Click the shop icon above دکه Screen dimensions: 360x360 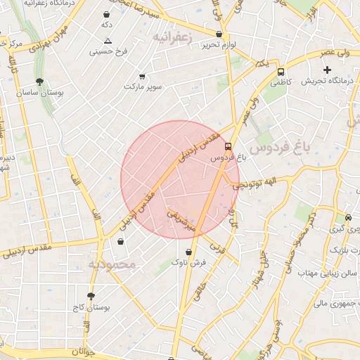tap(107, 14)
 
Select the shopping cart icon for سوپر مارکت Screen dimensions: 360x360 tap(143, 76)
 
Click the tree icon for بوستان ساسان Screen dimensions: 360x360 tap(39, 82)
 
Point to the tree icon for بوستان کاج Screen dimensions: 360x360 tap(90, 296)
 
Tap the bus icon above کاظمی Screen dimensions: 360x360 tap(281, 72)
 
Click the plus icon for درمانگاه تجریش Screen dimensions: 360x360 tap(327, 70)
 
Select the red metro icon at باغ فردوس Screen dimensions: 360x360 tap(228, 147)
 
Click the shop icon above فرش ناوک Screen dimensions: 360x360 tap(188, 251)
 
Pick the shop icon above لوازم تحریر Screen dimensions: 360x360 tap(219, 34)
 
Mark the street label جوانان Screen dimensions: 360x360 tap(82, 351)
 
